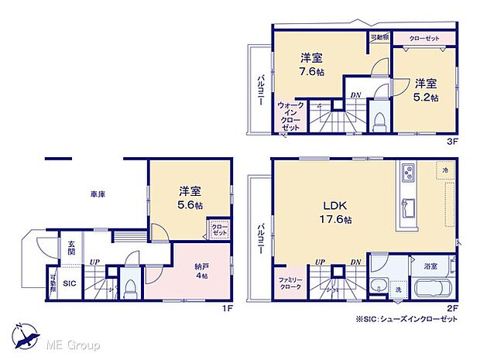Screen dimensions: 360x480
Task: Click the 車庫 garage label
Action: click(96, 194)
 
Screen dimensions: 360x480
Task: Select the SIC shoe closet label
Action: click(68, 283)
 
